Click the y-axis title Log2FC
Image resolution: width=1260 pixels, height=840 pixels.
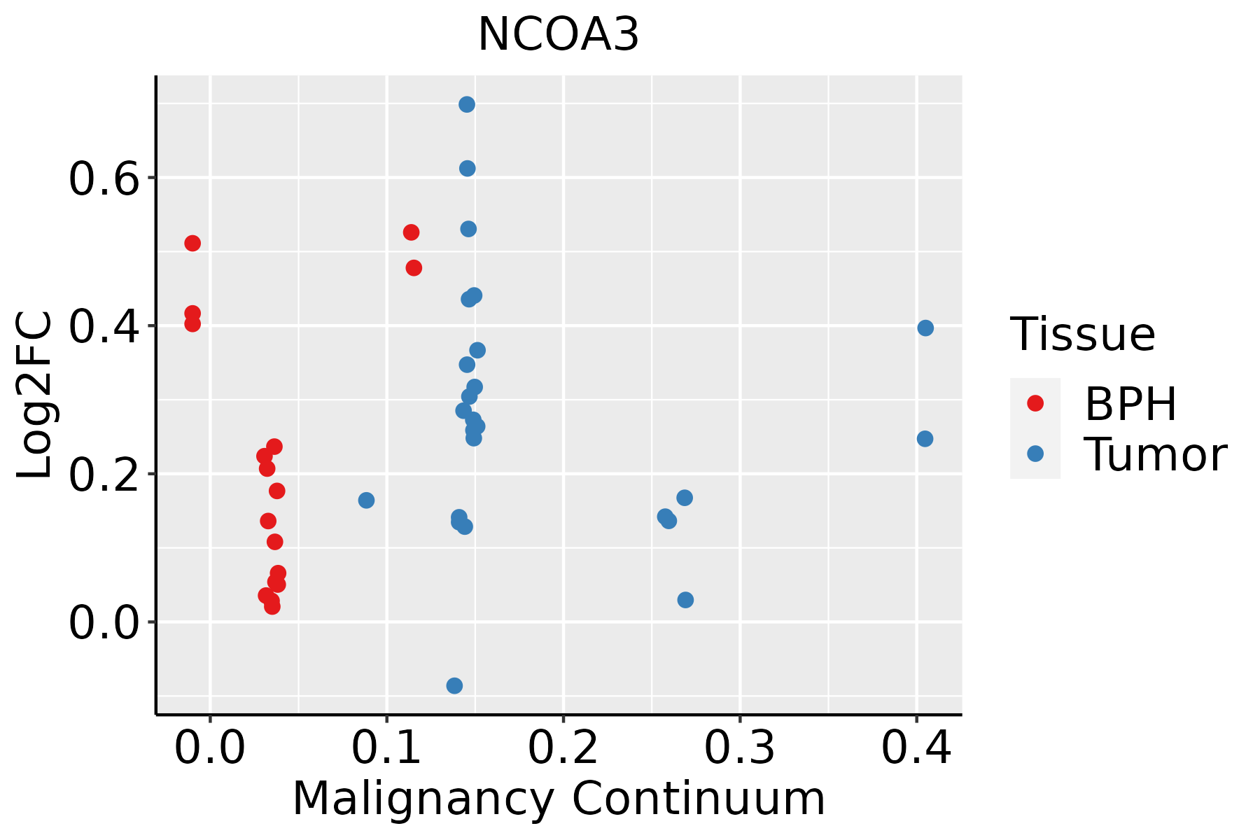[x=35, y=395]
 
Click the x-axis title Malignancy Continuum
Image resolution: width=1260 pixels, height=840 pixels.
[x=559, y=799]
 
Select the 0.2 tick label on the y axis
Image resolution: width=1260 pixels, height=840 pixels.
[x=104, y=474]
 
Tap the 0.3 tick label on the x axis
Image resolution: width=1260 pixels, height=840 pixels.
[x=739, y=748]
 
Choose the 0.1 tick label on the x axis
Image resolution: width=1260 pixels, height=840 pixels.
[x=386, y=748]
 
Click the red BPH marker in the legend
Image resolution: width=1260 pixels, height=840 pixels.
[x=1035, y=403]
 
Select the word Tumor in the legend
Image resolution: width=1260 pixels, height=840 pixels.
[x=1155, y=455]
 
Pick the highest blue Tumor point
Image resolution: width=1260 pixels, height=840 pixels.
[x=467, y=104]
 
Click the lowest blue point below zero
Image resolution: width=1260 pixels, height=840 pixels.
[x=454, y=685]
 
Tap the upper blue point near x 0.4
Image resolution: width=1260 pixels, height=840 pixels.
[x=925, y=328]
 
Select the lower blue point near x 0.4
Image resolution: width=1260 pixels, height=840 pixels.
[x=925, y=438]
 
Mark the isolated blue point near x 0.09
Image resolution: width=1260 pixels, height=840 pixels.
[x=366, y=500]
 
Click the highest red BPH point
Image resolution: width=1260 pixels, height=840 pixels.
[x=411, y=232]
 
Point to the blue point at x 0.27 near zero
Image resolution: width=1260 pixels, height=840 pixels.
[x=685, y=600]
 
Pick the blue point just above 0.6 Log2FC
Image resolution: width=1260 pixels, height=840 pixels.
[x=467, y=168]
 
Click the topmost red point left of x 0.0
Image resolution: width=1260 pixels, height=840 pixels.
[x=192, y=243]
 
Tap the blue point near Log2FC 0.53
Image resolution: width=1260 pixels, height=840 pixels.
[x=468, y=229]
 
